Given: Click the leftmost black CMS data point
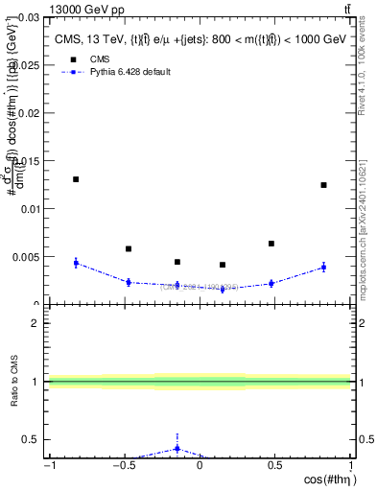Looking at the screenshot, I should tap(76, 179).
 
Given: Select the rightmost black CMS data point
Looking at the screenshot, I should tap(323, 185).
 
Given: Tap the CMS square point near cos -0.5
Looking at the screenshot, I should tap(129, 248).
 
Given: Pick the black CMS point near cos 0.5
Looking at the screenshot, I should tap(271, 244).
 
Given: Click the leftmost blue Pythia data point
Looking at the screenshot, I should tap(76, 262).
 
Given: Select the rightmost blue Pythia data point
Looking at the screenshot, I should tap(323, 267).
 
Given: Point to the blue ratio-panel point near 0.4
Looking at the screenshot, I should tap(177, 448).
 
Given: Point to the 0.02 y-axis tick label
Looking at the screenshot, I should tap(30, 113).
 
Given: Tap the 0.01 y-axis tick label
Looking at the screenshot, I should tap(30, 209).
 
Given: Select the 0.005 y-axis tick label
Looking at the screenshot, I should tap(27, 257).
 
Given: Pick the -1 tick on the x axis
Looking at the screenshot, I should tap(48, 468).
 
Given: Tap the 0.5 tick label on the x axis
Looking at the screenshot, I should tap(274, 468).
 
